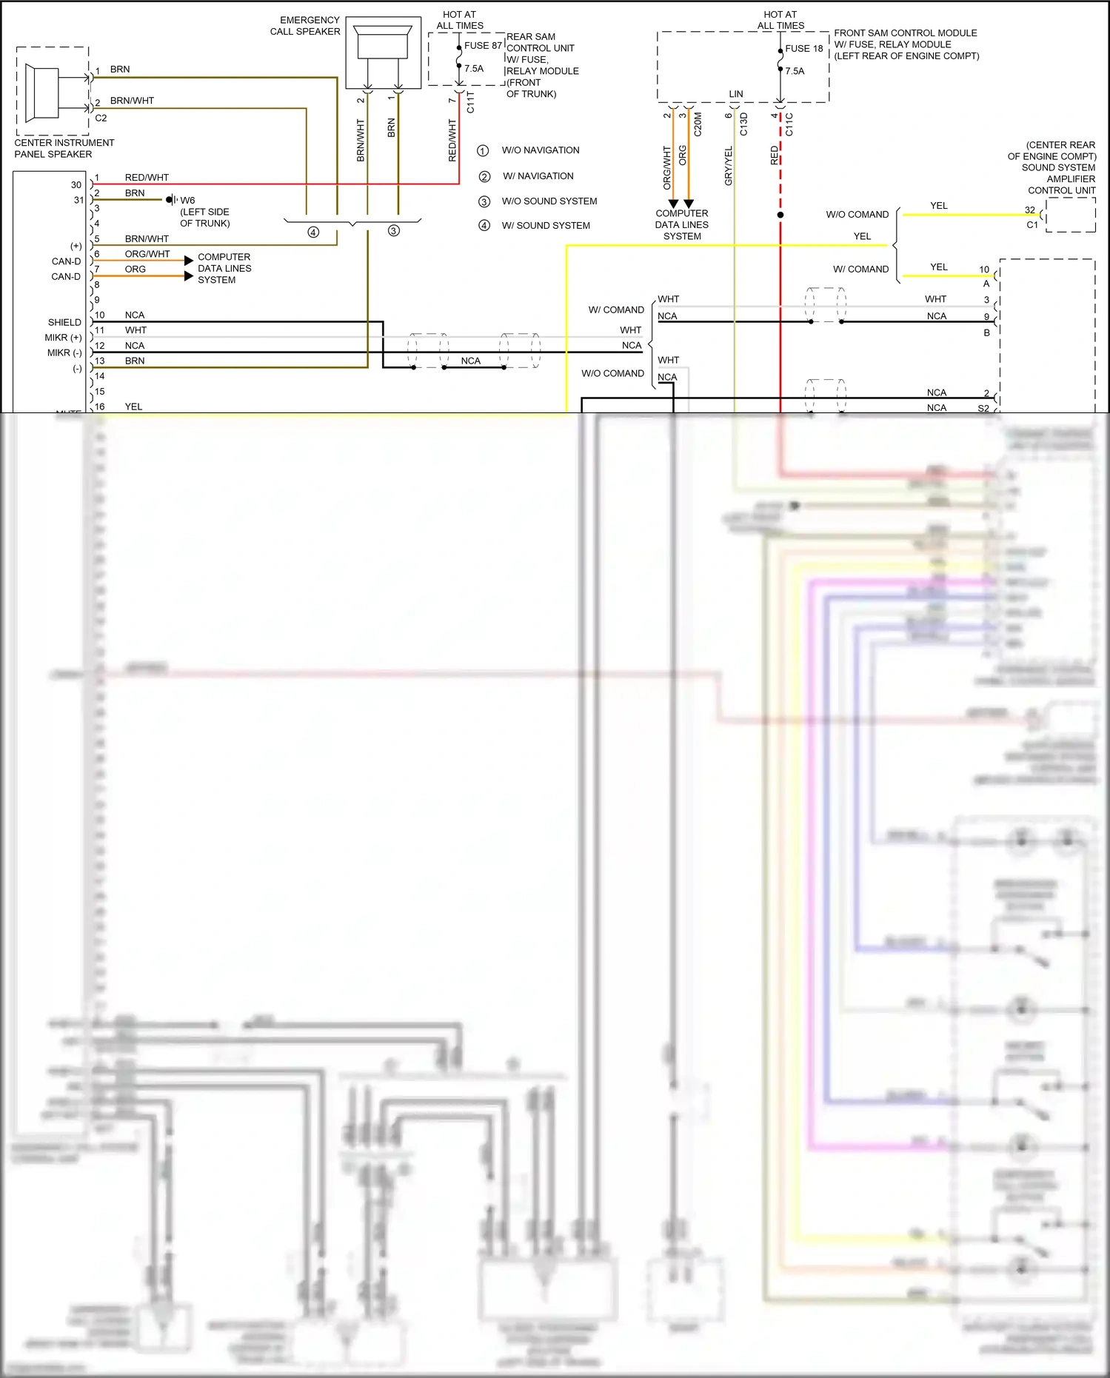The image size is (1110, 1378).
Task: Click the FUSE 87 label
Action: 483,46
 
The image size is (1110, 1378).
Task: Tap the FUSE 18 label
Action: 803,49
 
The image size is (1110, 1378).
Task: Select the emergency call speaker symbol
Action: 383,44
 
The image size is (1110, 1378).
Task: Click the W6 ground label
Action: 187,201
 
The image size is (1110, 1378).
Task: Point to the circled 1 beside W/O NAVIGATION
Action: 483,151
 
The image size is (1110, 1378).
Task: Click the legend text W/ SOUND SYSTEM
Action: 546,226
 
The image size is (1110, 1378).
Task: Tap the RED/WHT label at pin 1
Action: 147,178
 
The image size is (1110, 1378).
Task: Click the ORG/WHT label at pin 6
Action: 147,254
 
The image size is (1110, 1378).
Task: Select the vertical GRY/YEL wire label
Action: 728,166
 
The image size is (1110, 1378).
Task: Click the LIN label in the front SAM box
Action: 735,94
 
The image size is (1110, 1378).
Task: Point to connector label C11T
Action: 470,102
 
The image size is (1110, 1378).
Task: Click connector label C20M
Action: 698,124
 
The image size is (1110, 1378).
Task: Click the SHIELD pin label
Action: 64,323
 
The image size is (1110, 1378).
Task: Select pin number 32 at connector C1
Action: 1029,210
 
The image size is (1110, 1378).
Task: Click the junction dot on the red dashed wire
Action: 780,215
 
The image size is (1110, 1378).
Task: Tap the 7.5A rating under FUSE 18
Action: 795,71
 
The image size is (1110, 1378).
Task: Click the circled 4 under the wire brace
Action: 313,233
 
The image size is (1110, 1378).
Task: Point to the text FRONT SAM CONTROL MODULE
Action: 905,33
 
